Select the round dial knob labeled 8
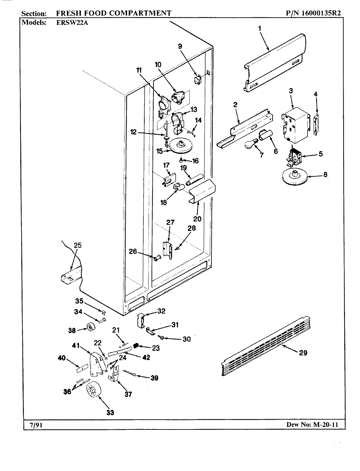pos(293,177)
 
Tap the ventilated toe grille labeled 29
pos(265,348)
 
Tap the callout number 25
pos(78,245)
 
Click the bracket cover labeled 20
pos(202,191)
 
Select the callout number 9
pos(180,46)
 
